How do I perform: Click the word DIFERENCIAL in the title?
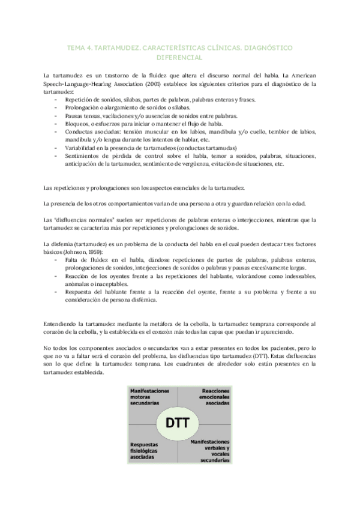point(180,58)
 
